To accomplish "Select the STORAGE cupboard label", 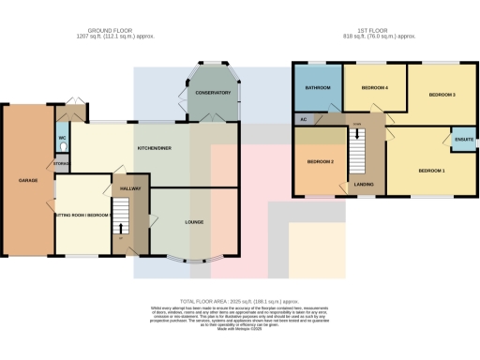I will (62, 164).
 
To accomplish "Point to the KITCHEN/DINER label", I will (155, 148).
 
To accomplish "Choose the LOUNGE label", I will (195, 222).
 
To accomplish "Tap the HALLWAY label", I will (129, 188).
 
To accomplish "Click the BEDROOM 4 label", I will (375, 87).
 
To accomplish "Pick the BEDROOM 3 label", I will (442, 95).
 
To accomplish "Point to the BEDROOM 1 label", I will (431, 171).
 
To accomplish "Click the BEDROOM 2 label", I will (321, 161).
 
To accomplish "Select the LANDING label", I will (364, 185).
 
